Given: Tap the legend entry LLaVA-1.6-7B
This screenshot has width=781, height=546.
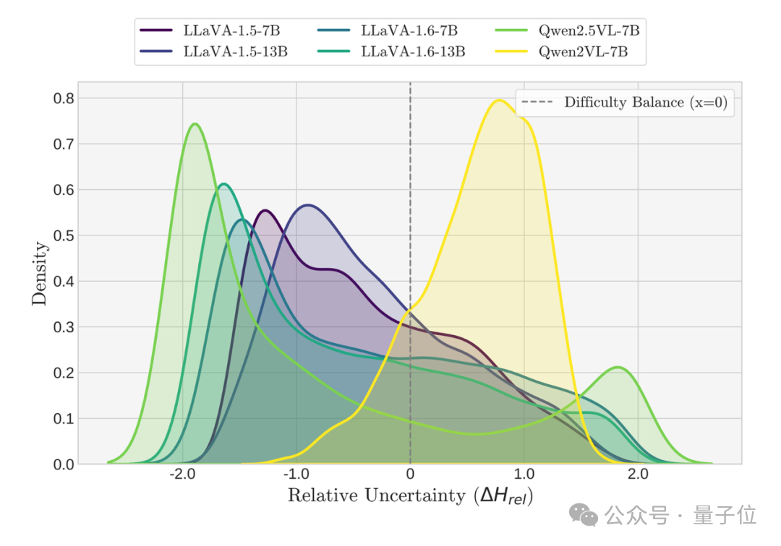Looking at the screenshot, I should pyautogui.click(x=409, y=31).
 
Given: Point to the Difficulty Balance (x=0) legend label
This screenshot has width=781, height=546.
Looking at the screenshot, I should pyautogui.click(x=646, y=102).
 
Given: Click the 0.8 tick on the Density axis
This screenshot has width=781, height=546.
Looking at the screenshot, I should pyautogui.click(x=64, y=97).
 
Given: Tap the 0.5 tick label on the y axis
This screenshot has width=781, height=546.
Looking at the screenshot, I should pyautogui.click(x=64, y=235).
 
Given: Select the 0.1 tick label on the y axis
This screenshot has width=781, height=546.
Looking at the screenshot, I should pyautogui.click(x=64, y=419).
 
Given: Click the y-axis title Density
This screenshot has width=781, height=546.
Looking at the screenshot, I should pyautogui.click(x=40, y=273).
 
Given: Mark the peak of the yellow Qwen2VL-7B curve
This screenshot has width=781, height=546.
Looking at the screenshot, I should pyautogui.click(x=499, y=100).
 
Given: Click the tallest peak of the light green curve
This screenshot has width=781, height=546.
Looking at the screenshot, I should pyautogui.click(x=194, y=123).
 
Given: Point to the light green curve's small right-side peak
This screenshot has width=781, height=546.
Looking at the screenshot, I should pyautogui.click(x=618, y=368).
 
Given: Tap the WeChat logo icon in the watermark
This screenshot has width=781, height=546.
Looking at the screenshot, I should pyautogui.click(x=584, y=514).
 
